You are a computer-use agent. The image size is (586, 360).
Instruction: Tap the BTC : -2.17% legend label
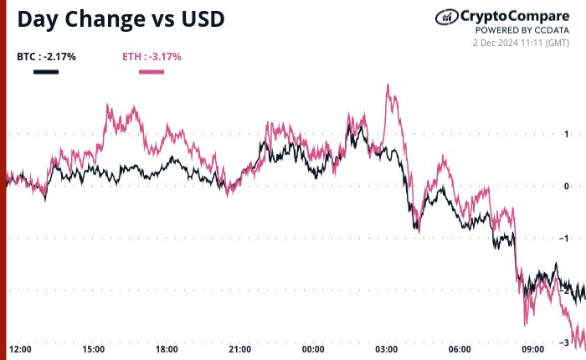pyautogui.click(x=46, y=57)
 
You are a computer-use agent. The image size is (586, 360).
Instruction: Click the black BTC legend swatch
pyautogui.click(x=46, y=72)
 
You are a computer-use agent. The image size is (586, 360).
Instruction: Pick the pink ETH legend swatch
pyautogui.click(x=151, y=72)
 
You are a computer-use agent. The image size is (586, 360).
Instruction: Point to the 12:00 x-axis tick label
pyautogui.click(x=20, y=348)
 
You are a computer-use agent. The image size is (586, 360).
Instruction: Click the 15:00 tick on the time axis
pyautogui.click(x=93, y=348)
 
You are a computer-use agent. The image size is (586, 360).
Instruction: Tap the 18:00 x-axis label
pyautogui.click(x=167, y=348)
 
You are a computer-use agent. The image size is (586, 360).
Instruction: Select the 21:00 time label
pyautogui.click(x=239, y=348)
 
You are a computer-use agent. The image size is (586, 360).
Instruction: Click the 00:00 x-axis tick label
pyautogui.click(x=313, y=348)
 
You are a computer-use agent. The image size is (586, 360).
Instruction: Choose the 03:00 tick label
pyautogui.click(x=386, y=348)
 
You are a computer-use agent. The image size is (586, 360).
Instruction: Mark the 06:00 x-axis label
pyautogui.click(x=460, y=348)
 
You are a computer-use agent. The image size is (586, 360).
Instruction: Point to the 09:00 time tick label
pyautogui.click(x=532, y=348)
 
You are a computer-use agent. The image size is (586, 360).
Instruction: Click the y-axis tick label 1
pyautogui.click(x=567, y=134)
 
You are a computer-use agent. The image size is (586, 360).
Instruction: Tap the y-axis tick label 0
pyautogui.click(x=567, y=186)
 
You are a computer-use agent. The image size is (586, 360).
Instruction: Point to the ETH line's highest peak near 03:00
pyautogui.click(x=388, y=85)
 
